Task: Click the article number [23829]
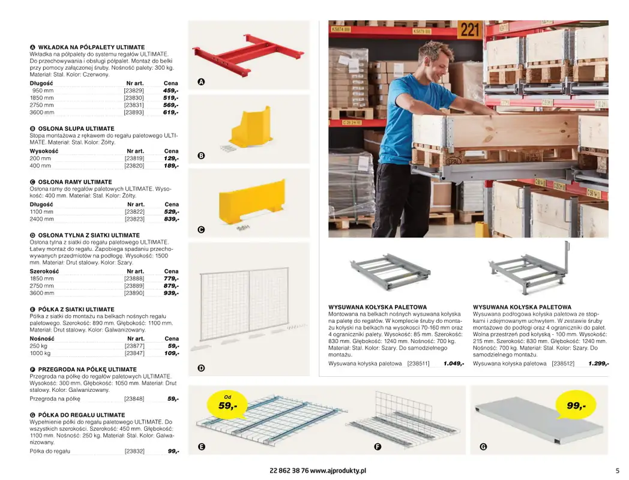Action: tap(134, 91)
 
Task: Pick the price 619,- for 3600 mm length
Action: tap(170, 112)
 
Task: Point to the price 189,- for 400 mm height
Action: tap(171, 166)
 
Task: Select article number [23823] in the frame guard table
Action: tap(134, 219)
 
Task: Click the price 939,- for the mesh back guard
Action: tap(171, 293)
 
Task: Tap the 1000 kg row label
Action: tap(40, 354)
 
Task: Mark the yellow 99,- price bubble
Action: tap(576, 406)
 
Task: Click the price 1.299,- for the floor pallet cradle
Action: tap(598, 364)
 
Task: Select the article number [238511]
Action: tap(418, 364)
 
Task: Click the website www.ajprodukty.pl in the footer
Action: tap(338, 471)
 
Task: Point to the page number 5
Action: tap(617, 471)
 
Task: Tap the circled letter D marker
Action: tap(201, 368)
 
